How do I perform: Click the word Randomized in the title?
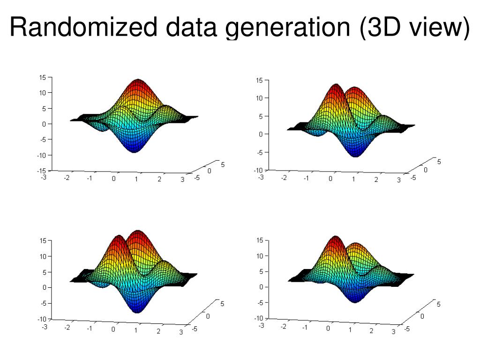coord(83,27)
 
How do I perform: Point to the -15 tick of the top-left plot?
coord(42,171)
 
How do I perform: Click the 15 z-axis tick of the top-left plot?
coord(43,77)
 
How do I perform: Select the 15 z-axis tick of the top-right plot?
coord(260,81)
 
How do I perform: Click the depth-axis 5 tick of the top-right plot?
coord(439,162)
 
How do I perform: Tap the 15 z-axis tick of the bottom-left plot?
coord(43,240)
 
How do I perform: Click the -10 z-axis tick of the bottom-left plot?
coord(42,319)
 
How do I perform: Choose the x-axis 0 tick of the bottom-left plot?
coord(113,330)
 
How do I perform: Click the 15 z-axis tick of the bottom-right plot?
coord(260,241)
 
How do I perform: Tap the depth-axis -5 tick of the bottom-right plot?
coord(407,329)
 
